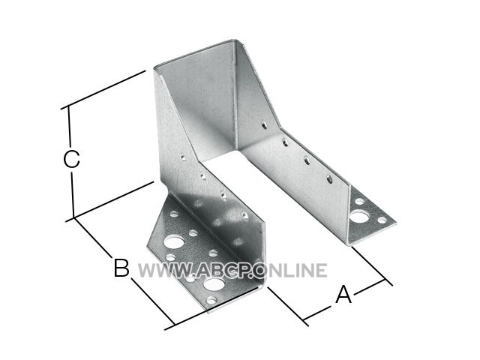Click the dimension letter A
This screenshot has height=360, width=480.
[x=343, y=295]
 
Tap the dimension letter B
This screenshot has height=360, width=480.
[x=121, y=268]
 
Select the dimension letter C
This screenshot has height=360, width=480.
[x=72, y=158]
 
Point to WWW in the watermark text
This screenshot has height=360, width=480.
[x=165, y=270]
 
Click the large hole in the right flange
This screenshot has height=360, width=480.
[x=358, y=217]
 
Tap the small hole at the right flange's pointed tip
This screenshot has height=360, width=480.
[x=382, y=220]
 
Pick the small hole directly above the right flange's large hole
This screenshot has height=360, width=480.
[x=359, y=202]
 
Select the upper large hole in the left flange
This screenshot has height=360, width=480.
[x=174, y=241]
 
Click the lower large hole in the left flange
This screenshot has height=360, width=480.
[x=213, y=284]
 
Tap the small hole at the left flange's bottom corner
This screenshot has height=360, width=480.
[x=211, y=300]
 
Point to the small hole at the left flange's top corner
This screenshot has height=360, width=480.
[x=174, y=214]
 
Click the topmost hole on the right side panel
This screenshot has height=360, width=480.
[x=264, y=125]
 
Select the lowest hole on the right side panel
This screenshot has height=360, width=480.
[x=329, y=179]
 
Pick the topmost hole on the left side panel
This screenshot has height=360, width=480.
[x=183, y=158]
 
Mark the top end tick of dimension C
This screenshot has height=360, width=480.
[x=67, y=106]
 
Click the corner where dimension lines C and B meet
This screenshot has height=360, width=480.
[x=74, y=217]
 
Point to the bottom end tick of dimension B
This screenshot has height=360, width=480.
[x=173, y=325]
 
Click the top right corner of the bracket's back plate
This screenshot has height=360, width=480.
[x=235, y=40]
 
